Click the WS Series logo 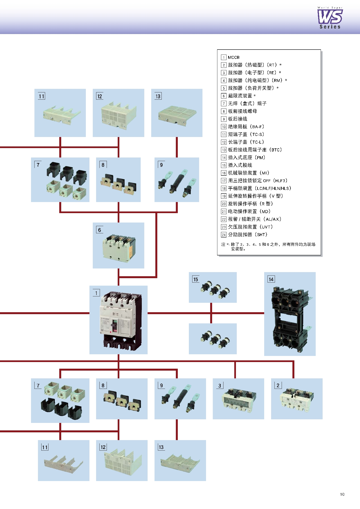pos(330,18)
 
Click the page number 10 pos(342,494)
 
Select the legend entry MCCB pos(233,57)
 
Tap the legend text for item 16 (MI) pos(248,173)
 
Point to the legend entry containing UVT pos(250,227)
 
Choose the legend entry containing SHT pos(248,234)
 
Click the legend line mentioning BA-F pos(246,126)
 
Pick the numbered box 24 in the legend pos(224,235)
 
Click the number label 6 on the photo pos(100,230)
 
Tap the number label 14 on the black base pos(271,279)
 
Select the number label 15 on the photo pos(196,279)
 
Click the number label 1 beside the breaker pos(96,293)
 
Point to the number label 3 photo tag pos(220,386)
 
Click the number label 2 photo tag pos(278,385)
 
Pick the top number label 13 pos(158,96)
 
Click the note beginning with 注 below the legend pos(268,246)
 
